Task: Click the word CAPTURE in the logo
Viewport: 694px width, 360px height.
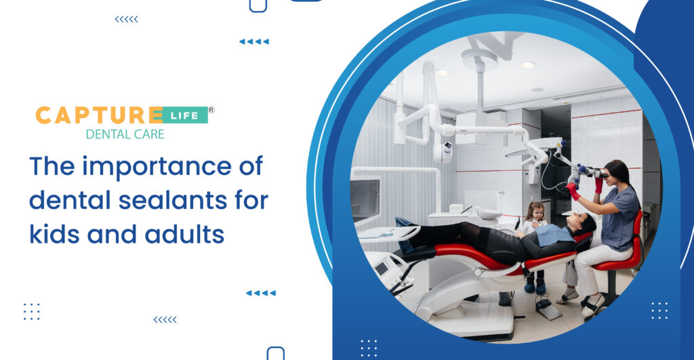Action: [98, 115]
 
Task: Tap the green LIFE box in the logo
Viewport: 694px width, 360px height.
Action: [185, 115]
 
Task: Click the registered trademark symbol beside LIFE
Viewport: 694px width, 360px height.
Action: [211, 109]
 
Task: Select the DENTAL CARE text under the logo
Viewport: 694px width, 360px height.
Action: [125, 134]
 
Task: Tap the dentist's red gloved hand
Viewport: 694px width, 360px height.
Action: [574, 191]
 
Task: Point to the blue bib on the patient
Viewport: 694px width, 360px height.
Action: [553, 233]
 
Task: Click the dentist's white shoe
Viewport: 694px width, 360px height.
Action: [592, 308]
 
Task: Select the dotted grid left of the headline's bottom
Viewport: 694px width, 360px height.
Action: [32, 312]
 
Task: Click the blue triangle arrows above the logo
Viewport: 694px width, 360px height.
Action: [254, 41]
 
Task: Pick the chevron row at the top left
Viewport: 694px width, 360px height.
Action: [126, 19]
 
